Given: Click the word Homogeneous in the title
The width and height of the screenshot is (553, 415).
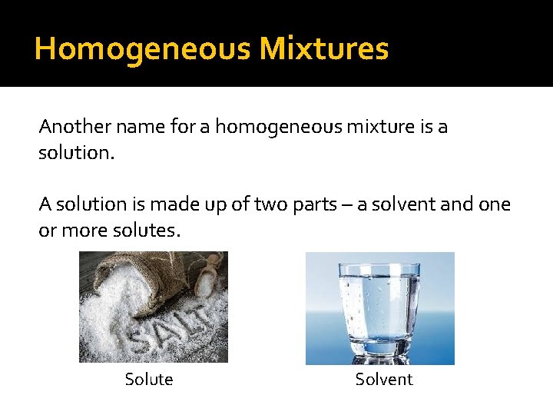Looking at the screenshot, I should pyautogui.click(x=143, y=49).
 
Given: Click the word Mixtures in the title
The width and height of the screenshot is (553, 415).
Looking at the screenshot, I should pyautogui.click(x=324, y=49).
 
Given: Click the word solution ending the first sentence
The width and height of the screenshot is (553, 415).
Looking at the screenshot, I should pyautogui.click(x=75, y=153).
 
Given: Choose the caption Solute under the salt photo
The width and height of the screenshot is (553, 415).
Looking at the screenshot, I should pyautogui.click(x=149, y=380).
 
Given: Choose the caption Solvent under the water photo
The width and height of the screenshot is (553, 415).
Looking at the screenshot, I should pyautogui.click(x=384, y=380).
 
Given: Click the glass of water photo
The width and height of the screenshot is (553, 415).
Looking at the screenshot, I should pyautogui.click(x=379, y=307).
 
